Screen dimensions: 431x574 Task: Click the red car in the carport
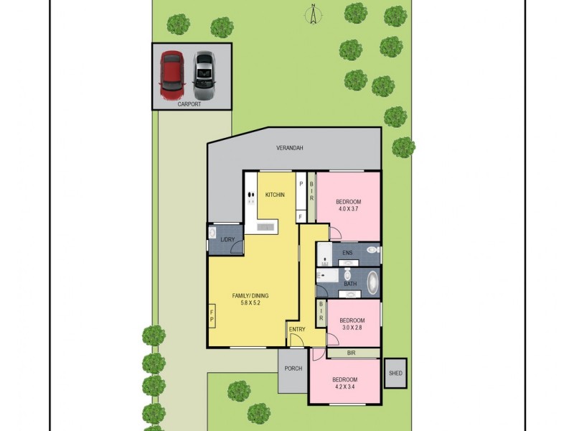172,75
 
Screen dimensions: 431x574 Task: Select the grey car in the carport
204,75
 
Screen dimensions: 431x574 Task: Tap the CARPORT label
189,105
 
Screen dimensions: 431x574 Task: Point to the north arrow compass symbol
314,14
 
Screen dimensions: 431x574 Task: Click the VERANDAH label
290,148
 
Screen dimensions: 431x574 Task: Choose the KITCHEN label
276,195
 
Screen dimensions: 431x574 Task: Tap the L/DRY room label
228,239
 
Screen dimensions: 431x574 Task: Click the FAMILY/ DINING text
250,296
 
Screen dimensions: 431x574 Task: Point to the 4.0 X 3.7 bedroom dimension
349,210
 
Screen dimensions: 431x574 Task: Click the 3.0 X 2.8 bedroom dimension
352,329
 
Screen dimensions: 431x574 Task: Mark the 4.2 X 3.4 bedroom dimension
345,388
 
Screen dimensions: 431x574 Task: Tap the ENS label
347,253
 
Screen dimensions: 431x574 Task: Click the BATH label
350,284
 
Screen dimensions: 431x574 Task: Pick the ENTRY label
296,330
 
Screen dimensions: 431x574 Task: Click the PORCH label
293,369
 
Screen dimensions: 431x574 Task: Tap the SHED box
395,373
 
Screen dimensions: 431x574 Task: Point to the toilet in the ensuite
372,250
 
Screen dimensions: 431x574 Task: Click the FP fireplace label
212,316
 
